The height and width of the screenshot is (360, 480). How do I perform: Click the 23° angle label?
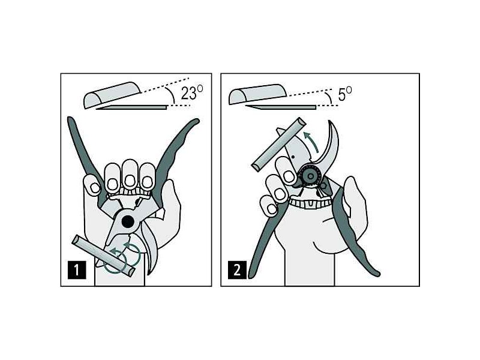[x=191, y=92]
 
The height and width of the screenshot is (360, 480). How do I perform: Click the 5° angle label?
[x=344, y=94]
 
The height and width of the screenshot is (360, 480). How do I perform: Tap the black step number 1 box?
[x=77, y=269]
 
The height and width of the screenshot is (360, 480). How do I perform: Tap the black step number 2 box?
[x=237, y=269]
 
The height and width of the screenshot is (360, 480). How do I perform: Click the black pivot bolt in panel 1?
[x=128, y=221]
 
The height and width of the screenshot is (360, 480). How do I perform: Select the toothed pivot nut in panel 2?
[x=310, y=176]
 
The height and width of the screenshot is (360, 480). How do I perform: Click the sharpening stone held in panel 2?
[x=278, y=144]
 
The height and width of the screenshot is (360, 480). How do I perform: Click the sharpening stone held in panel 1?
[x=103, y=256]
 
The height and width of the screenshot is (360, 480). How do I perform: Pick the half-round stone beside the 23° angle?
[x=112, y=95]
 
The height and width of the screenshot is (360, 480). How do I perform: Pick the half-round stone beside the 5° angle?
[x=257, y=94]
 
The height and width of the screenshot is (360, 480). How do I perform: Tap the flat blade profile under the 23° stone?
[x=131, y=107]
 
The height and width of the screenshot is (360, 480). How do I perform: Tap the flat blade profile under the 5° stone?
[x=280, y=107]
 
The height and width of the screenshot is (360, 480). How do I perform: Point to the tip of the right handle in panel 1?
[x=197, y=121]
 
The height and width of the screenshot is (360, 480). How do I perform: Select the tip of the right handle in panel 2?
[x=377, y=274]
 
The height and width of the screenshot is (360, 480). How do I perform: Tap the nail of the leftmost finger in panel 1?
[x=95, y=188]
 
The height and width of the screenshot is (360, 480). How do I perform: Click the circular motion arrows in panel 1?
[x=122, y=257]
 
